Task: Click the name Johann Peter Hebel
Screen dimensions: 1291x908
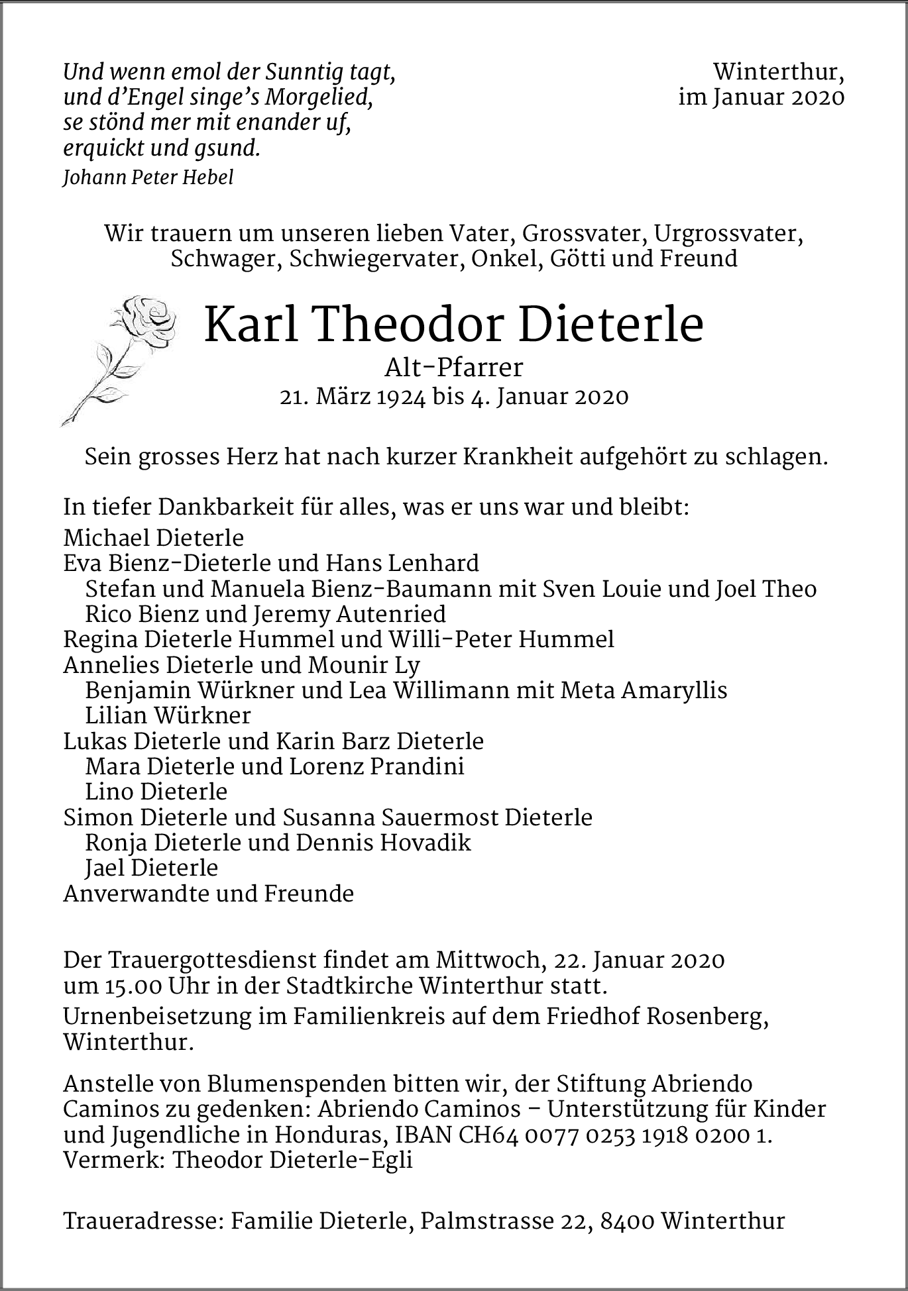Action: [x=148, y=178]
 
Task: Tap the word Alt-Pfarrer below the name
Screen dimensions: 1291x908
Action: [x=454, y=366]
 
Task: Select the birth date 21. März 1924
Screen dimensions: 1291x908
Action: [x=353, y=397]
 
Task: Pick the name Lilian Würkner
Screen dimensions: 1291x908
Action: [x=168, y=715]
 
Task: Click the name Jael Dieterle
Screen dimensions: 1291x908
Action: [x=152, y=868]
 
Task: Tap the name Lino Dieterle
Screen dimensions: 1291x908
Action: [x=156, y=792]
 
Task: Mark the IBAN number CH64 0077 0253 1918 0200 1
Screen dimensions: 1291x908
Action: [x=615, y=1135]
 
